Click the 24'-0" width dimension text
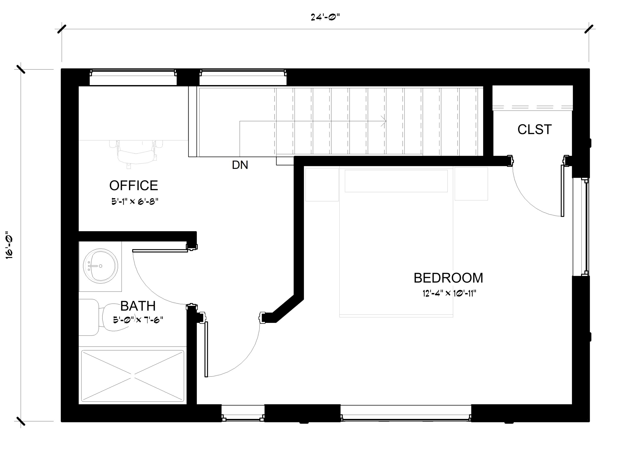point(325,17)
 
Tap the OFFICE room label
point(134,185)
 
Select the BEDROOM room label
point(448,278)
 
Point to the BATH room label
point(138,306)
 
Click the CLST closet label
point(534,130)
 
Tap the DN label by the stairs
point(240,165)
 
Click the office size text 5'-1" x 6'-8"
point(135,201)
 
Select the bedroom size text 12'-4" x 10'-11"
point(449,293)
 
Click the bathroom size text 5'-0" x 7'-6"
point(138,320)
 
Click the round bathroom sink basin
point(100,266)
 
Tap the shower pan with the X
point(133,376)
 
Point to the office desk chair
point(136,154)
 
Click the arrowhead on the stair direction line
point(384,121)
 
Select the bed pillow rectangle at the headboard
point(396,181)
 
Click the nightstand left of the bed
point(322,184)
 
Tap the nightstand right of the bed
point(471,184)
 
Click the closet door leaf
point(562,191)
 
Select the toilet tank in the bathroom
point(89,317)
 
